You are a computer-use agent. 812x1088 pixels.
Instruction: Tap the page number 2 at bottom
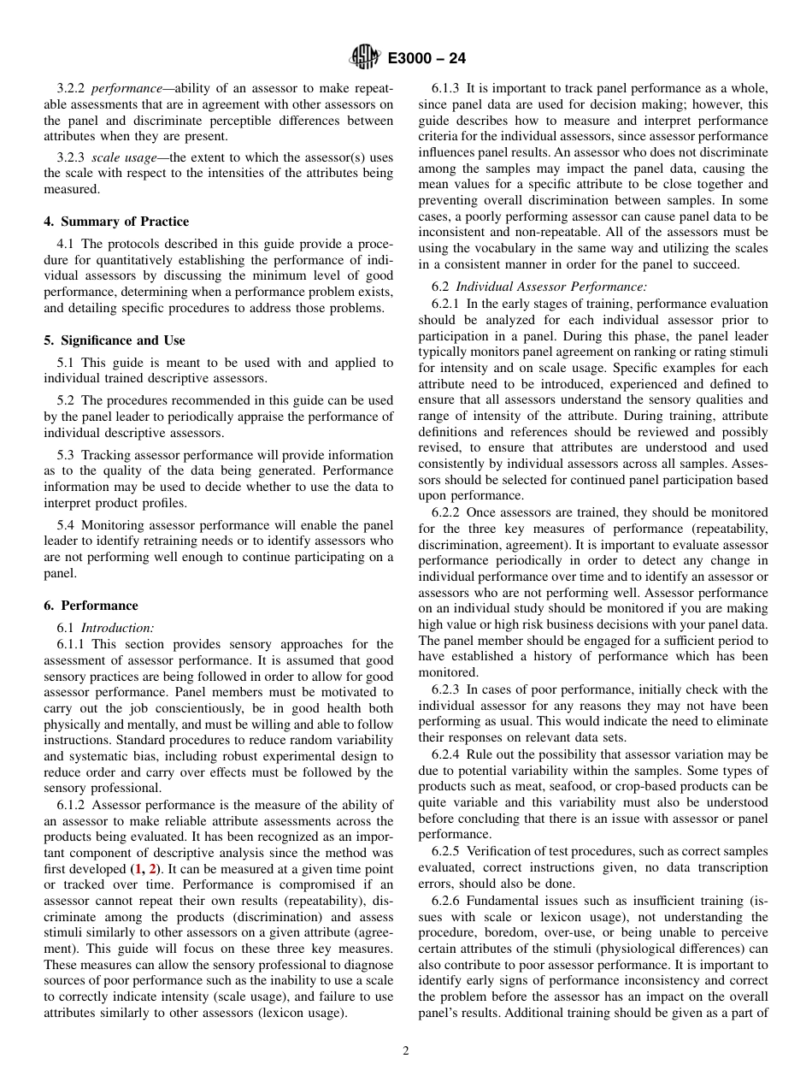406,1051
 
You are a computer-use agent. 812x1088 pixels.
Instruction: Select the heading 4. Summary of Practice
116,222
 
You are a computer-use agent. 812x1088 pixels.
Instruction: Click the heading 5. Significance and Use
115,340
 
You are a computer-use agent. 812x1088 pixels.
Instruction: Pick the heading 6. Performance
91,606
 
